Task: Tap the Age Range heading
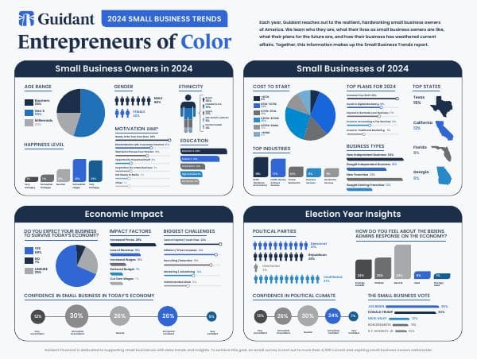39,85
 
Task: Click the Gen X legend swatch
29,113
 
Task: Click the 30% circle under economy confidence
77,315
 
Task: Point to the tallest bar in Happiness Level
79,170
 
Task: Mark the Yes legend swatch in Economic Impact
29,250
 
